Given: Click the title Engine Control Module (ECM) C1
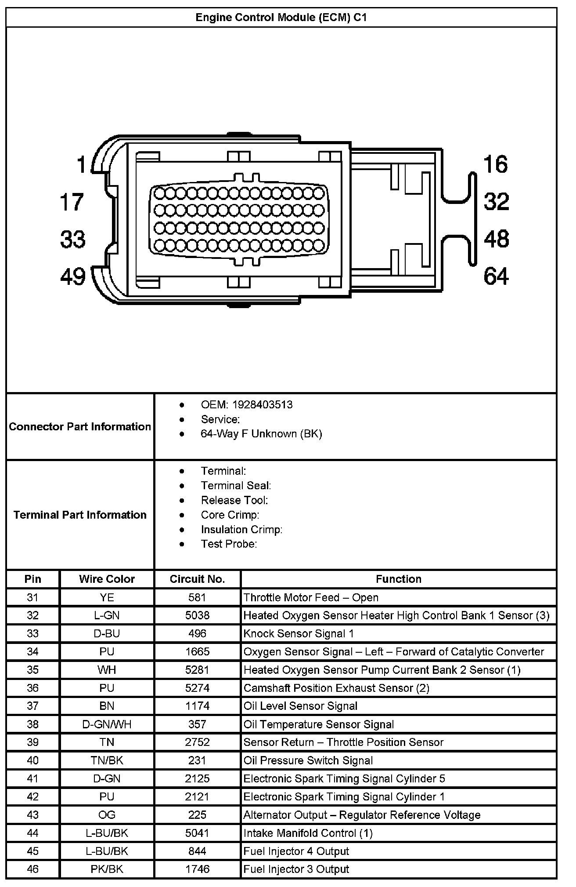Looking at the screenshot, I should click(281, 18).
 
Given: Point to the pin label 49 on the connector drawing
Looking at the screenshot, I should click(73, 277).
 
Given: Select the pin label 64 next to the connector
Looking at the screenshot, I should click(496, 277).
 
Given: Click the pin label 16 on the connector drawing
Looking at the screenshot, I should click(496, 164).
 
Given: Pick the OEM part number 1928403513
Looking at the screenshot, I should click(262, 405).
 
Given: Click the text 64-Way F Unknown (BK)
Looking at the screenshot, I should click(261, 434).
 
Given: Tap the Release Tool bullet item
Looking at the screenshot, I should click(234, 500).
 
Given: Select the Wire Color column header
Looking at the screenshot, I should click(107, 579).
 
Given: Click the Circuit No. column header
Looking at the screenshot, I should click(197, 579).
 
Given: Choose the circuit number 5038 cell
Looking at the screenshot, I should click(197, 615).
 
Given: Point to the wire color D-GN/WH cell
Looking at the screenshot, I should click(107, 724).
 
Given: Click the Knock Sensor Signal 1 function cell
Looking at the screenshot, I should click(299, 633).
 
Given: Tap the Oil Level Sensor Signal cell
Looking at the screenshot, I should click(300, 706).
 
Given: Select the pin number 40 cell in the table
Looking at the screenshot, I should click(32, 760).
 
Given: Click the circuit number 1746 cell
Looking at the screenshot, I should click(197, 869).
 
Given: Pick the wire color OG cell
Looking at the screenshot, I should click(107, 814).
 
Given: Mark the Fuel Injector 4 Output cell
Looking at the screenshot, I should click(296, 851).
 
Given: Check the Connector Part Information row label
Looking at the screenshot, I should click(80, 426).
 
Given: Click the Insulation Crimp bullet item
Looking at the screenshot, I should click(241, 529).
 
